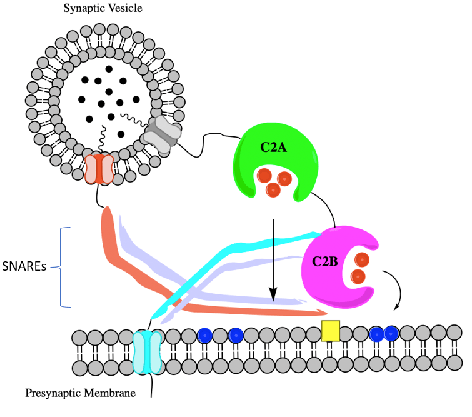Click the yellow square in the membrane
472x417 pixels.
pos(330,330)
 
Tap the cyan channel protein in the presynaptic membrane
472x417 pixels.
pos(147,353)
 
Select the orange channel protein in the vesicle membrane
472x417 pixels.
pos(100,170)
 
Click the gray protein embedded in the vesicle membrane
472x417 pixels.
pos(161,133)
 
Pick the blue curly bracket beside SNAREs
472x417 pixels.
pos(63,268)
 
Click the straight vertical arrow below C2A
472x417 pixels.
pos(273,256)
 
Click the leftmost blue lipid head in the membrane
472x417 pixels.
pos(204,335)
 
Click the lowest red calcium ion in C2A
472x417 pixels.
pos(273,189)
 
